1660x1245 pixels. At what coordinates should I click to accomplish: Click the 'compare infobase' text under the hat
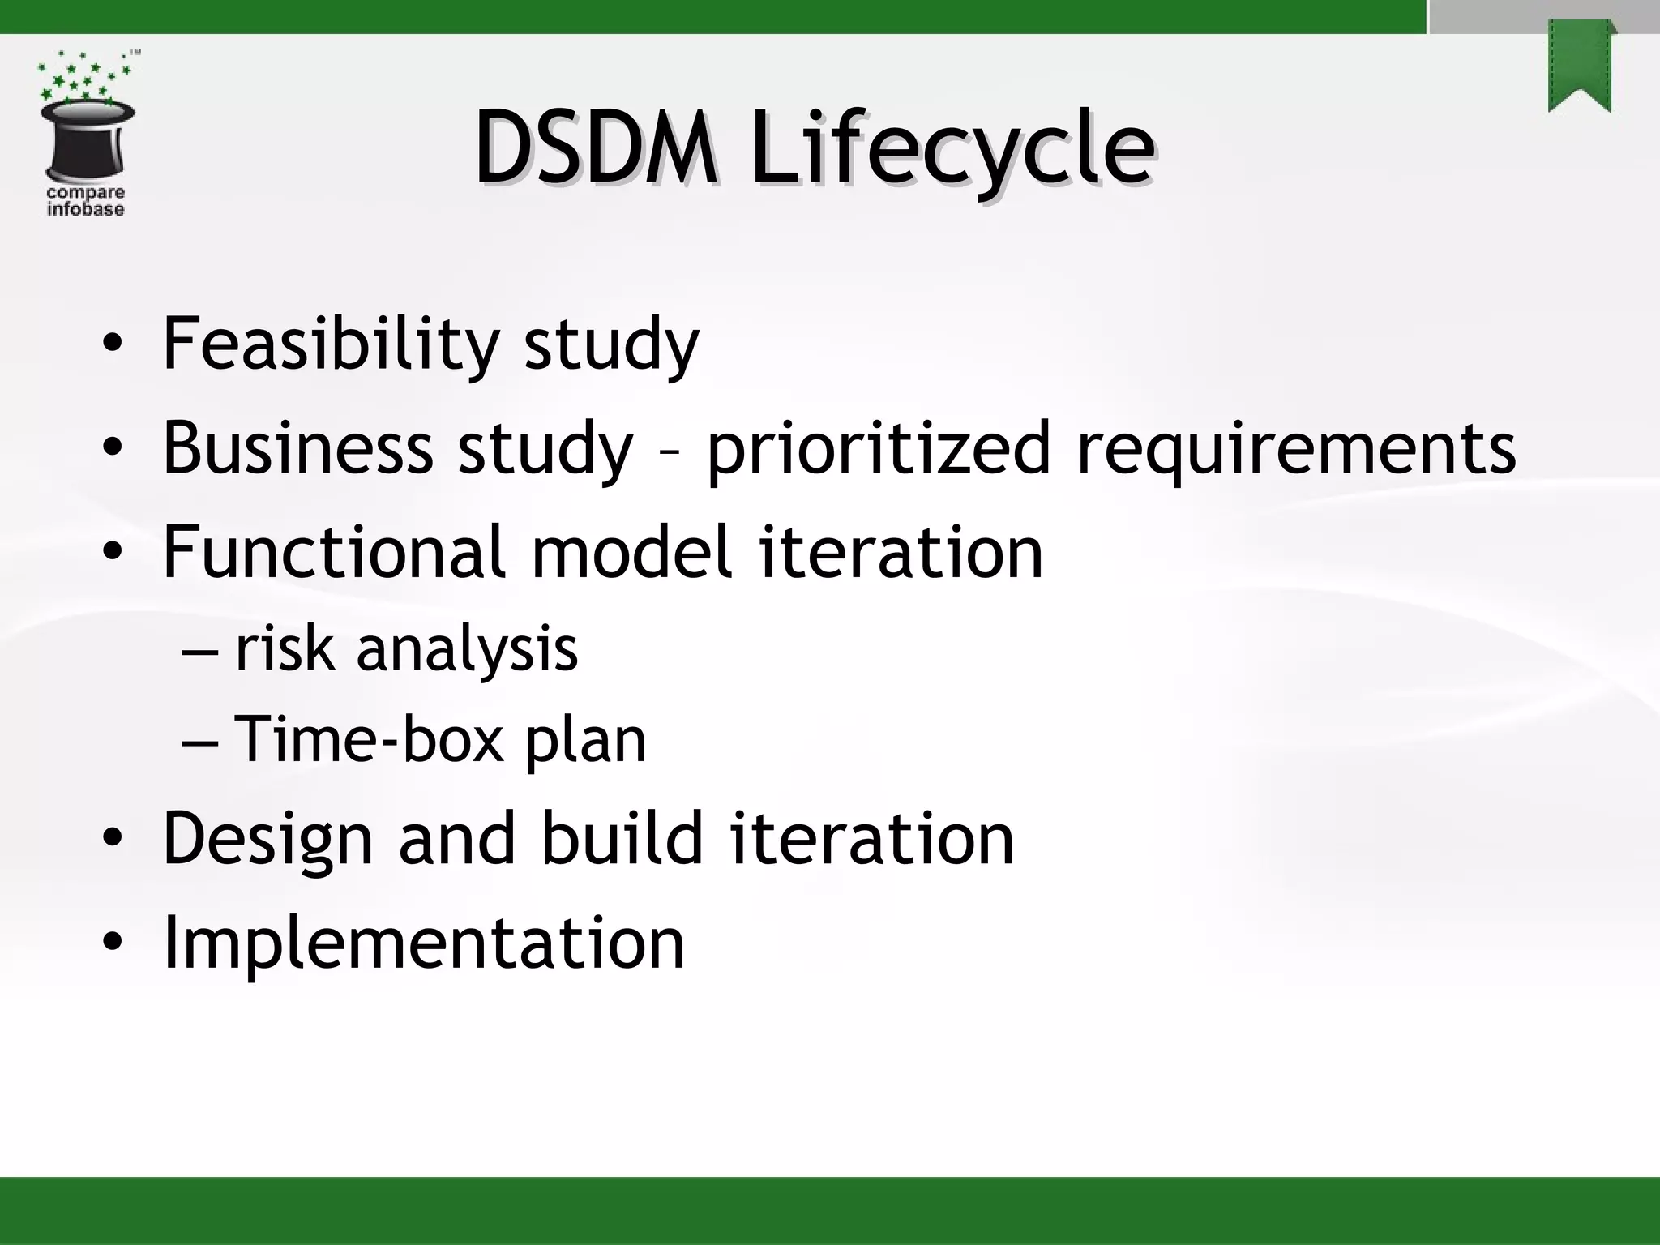pyautogui.click(x=86, y=201)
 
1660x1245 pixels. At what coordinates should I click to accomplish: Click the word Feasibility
pyautogui.click(x=330, y=344)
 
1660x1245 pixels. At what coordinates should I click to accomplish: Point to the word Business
pyautogui.click(x=297, y=447)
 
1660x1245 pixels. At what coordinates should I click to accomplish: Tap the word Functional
pyautogui.click(x=334, y=552)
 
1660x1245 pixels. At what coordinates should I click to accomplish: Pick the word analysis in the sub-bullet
pyautogui.click(x=467, y=650)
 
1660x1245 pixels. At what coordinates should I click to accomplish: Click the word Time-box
pyautogui.click(x=369, y=739)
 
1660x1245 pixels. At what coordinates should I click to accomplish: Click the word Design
pyautogui.click(x=267, y=840)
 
